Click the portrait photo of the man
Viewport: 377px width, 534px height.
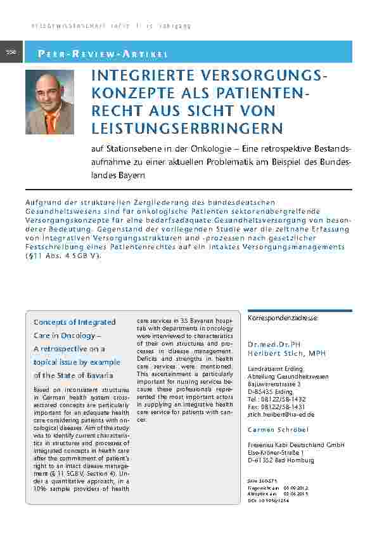pos(49,101)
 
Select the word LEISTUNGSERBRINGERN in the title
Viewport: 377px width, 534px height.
pos(187,129)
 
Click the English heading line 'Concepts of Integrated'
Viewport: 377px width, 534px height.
pos(74,322)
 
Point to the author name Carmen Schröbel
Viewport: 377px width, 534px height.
pos(278,430)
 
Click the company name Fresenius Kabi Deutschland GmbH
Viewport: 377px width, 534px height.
pos(295,445)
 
